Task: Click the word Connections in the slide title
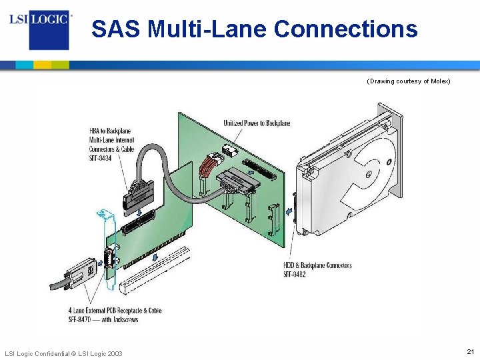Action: (346, 29)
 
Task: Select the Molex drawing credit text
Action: (409, 81)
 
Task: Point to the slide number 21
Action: (470, 351)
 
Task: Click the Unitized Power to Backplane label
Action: (257, 123)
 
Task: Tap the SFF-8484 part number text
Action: (101, 159)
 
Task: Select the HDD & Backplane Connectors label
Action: (318, 266)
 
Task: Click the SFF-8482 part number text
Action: (295, 275)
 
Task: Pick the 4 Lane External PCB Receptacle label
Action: (115, 311)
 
